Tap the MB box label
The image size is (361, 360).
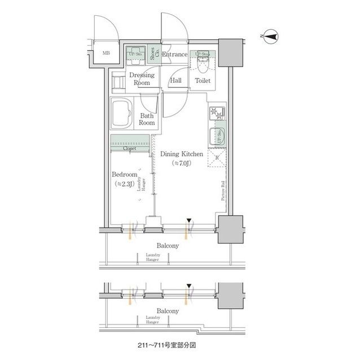point(107,54)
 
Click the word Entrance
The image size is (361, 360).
point(175,55)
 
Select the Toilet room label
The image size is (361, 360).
point(202,81)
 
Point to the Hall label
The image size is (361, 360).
point(176,81)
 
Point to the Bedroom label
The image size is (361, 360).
point(124,175)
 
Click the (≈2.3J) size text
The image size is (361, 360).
point(124,184)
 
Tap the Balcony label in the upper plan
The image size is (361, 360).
point(168,246)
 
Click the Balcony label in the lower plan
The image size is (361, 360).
point(168,311)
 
